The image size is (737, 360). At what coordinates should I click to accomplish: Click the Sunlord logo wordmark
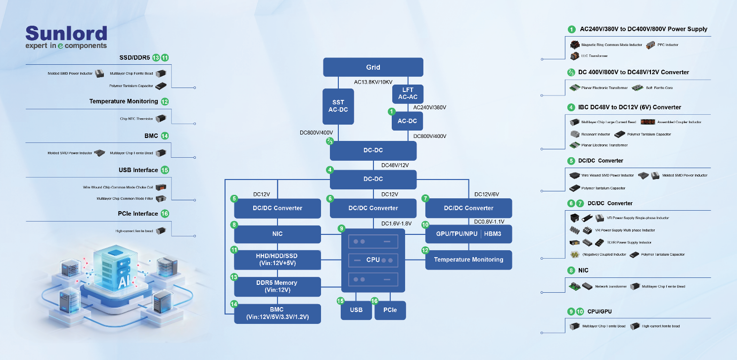point(66,33)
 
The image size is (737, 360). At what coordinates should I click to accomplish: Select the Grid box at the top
point(373,67)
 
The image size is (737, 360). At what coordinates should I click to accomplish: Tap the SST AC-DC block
point(338,106)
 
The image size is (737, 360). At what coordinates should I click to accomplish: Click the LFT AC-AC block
point(407,93)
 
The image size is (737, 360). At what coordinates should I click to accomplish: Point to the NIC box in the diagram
point(277,234)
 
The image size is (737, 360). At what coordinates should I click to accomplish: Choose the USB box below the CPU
point(356,310)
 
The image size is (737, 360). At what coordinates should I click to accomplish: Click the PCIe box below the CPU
point(390,310)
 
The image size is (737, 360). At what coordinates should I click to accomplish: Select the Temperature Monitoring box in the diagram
point(468,260)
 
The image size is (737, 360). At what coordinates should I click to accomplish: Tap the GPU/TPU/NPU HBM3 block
point(468,234)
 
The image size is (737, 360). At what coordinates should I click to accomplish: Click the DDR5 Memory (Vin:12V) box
point(277,286)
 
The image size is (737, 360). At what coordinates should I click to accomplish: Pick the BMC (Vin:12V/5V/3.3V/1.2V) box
point(277,314)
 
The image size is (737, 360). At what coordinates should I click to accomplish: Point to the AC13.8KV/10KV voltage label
point(373,82)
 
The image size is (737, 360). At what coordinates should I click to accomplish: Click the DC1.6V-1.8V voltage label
point(396,224)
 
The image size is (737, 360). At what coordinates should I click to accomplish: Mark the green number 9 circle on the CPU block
point(341,228)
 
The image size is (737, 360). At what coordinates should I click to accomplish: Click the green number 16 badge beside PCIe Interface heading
point(165,214)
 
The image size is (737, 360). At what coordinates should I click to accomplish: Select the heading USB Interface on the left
point(138,170)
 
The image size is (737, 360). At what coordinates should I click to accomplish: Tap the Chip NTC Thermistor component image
point(161,119)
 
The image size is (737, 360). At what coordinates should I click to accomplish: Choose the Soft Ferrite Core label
point(659,88)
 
